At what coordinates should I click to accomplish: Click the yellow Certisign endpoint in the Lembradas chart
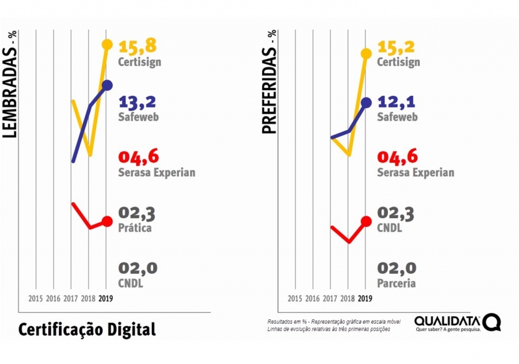(107, 45)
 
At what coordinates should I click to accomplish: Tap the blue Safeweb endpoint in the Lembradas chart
(107, 85)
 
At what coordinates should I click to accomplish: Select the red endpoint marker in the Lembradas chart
(107, 222)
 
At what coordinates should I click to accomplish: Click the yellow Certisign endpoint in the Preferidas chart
(366, 53)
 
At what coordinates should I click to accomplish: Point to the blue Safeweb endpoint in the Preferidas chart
(366, 102)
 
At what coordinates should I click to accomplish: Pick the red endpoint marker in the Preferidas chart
(366, 222)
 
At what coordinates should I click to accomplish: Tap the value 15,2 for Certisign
(396, 47)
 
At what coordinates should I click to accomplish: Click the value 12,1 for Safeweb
(396, 102)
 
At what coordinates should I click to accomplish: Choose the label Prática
(135, 228)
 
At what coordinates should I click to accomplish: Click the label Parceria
(396, 284)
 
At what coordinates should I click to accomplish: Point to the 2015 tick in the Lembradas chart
(36, 299)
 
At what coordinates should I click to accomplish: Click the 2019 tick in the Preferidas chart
(365, 299)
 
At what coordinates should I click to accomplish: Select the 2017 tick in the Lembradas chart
(71, 299)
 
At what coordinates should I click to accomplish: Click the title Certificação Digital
(87, 329)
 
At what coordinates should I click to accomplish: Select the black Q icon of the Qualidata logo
(492, 322)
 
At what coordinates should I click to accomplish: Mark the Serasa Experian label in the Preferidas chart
(415, 173)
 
